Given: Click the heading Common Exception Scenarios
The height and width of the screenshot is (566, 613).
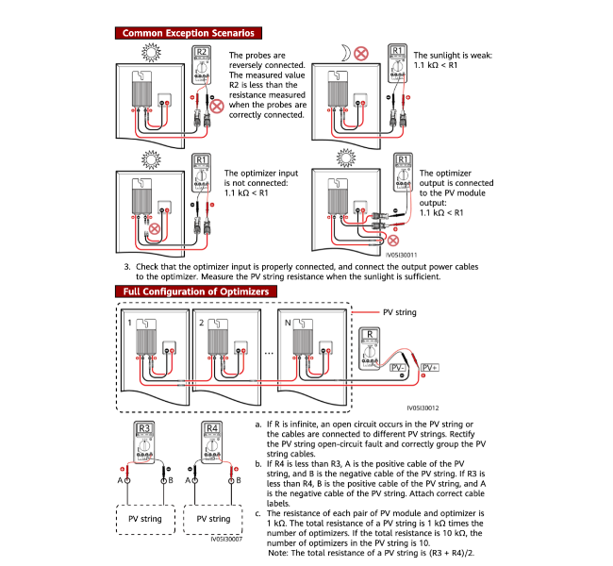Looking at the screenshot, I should point(189,34).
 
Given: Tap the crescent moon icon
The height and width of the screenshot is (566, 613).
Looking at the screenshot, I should point(345,52).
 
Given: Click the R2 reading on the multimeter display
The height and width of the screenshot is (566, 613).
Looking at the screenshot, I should point(201,53).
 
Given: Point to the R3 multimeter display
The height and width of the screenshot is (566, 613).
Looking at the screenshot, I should point(144,428).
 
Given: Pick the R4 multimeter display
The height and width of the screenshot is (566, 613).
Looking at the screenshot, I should point(212,428).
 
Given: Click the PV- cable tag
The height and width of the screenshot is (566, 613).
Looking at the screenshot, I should point(398,366).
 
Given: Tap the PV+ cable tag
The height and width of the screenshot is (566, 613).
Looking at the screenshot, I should point(431,366).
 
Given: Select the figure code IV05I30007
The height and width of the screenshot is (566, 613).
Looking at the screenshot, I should point(224,539).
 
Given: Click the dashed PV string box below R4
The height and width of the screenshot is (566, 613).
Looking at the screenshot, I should point(212,518).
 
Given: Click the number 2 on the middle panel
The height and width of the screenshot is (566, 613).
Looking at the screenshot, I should point(201,323).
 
